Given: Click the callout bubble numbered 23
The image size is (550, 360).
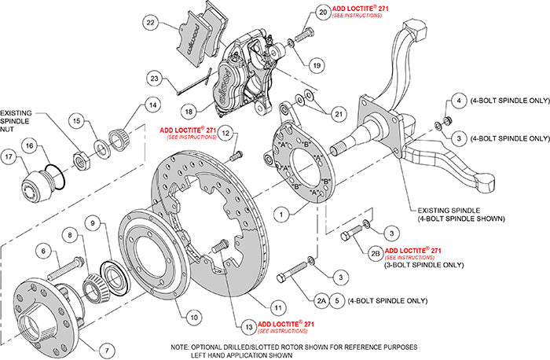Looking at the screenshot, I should click(156, 79).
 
